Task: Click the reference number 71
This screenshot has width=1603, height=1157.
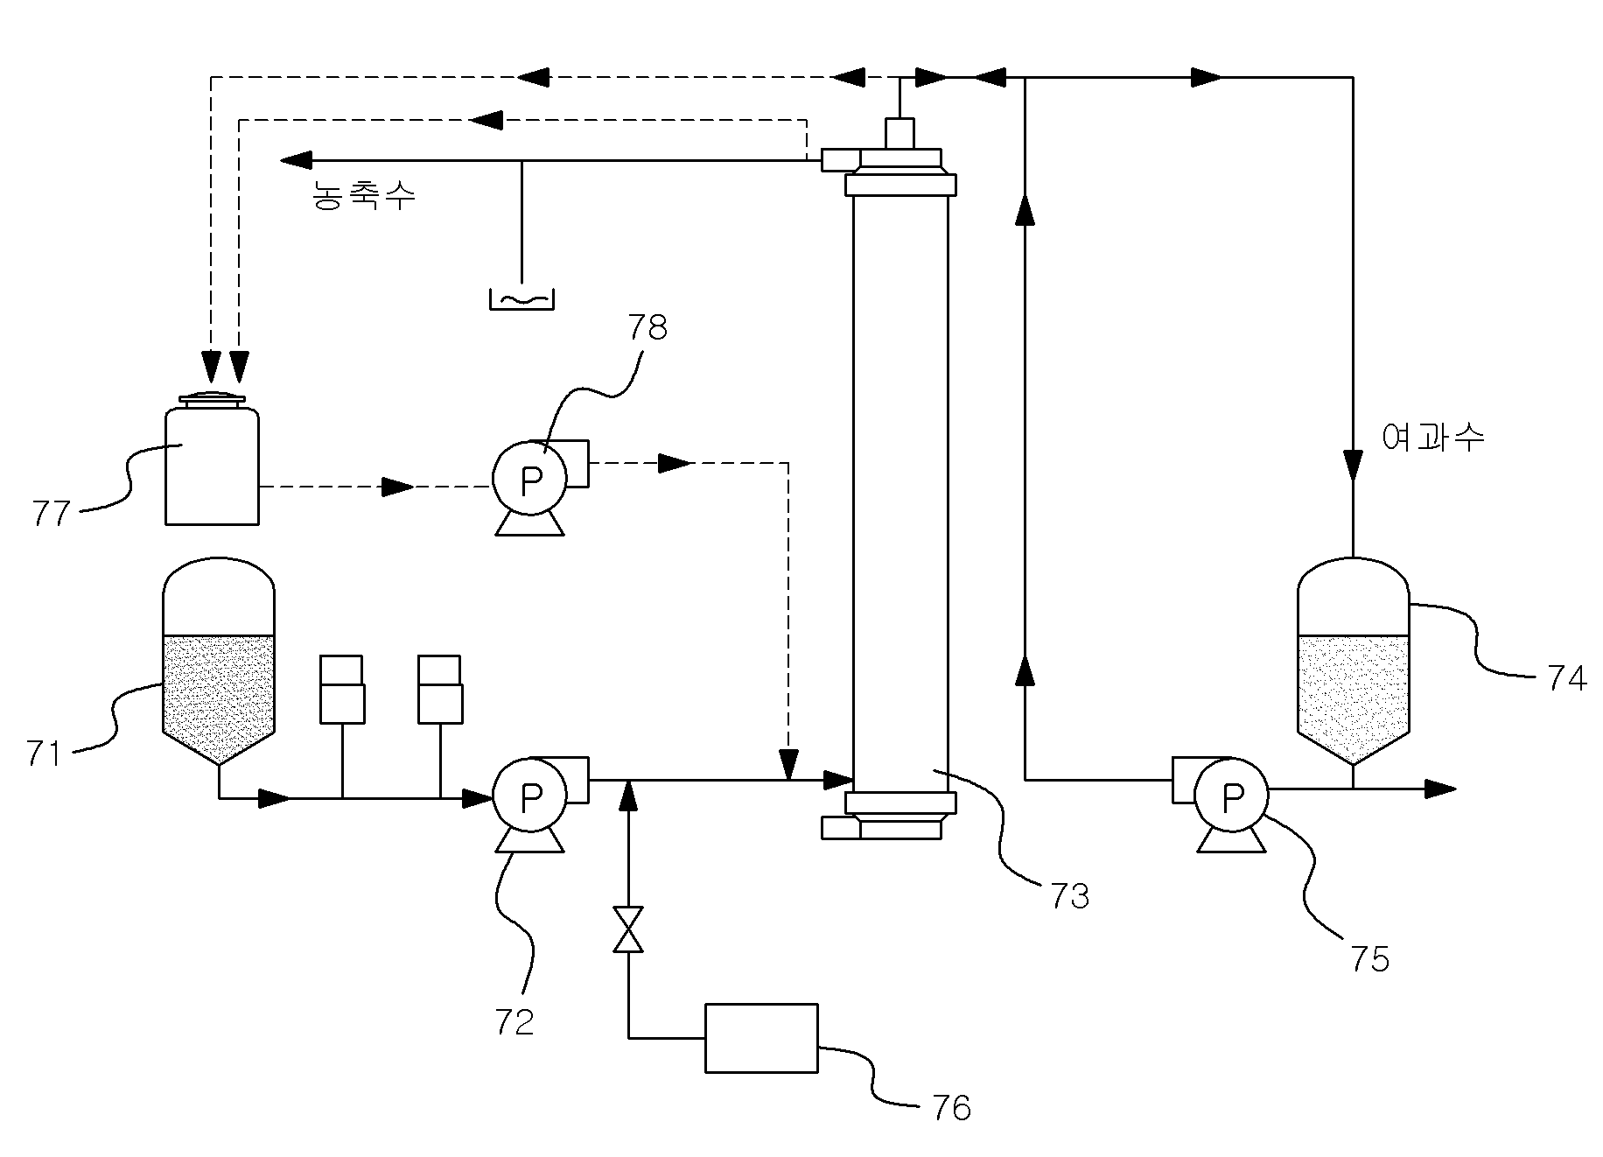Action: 45,754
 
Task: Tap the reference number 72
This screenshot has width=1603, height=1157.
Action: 514,1021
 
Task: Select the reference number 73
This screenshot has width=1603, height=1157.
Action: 1070,896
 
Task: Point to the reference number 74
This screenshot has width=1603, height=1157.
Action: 1567,678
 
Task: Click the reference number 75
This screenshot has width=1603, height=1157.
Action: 1369,960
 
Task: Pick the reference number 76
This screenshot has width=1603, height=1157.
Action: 952,1108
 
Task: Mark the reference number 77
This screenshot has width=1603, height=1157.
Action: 51,514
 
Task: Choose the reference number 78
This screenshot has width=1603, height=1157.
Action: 647,327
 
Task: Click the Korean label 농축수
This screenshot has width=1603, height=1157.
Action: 364,195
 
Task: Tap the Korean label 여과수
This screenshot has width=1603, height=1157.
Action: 1433,437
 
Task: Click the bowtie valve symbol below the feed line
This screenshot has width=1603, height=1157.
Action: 628,929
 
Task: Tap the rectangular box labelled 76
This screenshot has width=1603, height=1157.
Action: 761,1038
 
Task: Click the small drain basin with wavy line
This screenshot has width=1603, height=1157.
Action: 521,298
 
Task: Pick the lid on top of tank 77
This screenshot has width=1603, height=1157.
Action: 212,400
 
